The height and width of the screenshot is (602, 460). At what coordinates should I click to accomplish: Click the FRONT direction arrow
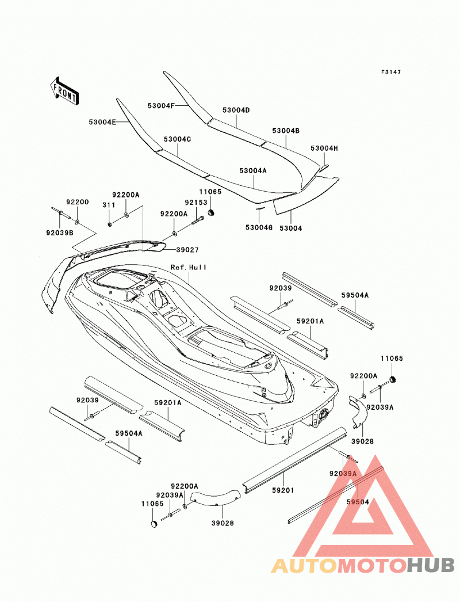tap(64, 91)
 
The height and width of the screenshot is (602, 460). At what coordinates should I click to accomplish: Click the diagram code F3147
tap(390, 72)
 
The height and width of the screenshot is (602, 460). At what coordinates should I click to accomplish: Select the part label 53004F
tap(161, 105)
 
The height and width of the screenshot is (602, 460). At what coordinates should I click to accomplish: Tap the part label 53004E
tap(102, 122)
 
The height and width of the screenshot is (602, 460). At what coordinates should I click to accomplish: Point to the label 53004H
tap(324, 148)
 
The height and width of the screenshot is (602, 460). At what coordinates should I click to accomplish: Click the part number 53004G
tap(259, 228)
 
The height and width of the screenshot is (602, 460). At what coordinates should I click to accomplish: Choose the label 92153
tap(195, 203)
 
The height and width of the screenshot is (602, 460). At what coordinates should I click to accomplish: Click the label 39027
tap(187, 250)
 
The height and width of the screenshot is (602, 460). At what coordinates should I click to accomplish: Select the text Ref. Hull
tap(189, 267)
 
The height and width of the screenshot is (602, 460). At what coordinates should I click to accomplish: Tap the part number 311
tap(109, 205)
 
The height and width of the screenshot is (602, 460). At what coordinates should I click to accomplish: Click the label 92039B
tap(59, 233)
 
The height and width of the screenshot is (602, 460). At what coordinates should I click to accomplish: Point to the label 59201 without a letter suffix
tap(283, 490)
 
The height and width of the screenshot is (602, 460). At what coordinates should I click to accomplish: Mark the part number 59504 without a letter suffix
tap(358, 502)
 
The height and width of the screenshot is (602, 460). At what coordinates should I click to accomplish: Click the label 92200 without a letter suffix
tap(77, 202)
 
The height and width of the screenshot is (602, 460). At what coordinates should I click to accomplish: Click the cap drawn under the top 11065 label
tap(210, 212)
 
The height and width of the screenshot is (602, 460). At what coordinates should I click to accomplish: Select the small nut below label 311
tap(109, 224)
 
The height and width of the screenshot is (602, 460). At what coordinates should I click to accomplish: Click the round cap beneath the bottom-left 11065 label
tap(153, 524)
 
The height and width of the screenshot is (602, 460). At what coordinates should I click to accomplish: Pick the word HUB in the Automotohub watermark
tap(430, 565)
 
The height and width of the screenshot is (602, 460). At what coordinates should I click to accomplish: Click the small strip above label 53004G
tap(260, 209)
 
